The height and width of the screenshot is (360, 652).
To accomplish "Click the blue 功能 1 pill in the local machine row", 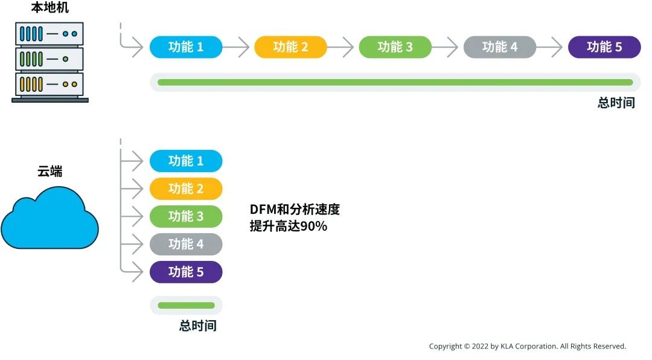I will (186, 47).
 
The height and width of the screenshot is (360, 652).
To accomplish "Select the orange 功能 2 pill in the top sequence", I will (290, 47).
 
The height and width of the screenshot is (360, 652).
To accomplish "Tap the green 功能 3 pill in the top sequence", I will (395, 47).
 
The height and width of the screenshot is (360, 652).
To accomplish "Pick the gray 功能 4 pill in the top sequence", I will (499, 47).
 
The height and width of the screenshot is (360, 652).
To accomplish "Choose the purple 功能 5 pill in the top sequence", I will (604, 47).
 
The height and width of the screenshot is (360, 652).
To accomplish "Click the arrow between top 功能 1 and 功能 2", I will (238, 47).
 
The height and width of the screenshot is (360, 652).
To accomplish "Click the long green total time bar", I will (395, 82).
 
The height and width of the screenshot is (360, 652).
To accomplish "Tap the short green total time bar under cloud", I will (186, 306).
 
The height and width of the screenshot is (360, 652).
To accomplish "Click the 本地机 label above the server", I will (50, 8).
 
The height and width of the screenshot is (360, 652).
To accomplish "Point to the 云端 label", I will (50, 172).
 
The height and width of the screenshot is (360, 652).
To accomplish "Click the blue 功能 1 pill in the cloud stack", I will (186, 161).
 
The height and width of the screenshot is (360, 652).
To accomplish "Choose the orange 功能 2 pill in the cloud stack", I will (186, 189).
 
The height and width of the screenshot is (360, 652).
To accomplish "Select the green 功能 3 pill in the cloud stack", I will (186, 217).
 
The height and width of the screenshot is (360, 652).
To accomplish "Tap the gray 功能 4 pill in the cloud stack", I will (186, 245).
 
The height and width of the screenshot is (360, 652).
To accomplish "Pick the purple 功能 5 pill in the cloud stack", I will (186, 272).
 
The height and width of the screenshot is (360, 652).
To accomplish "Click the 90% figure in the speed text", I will (313, 227).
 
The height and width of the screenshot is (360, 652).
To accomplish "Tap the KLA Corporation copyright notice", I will (527, 347).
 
